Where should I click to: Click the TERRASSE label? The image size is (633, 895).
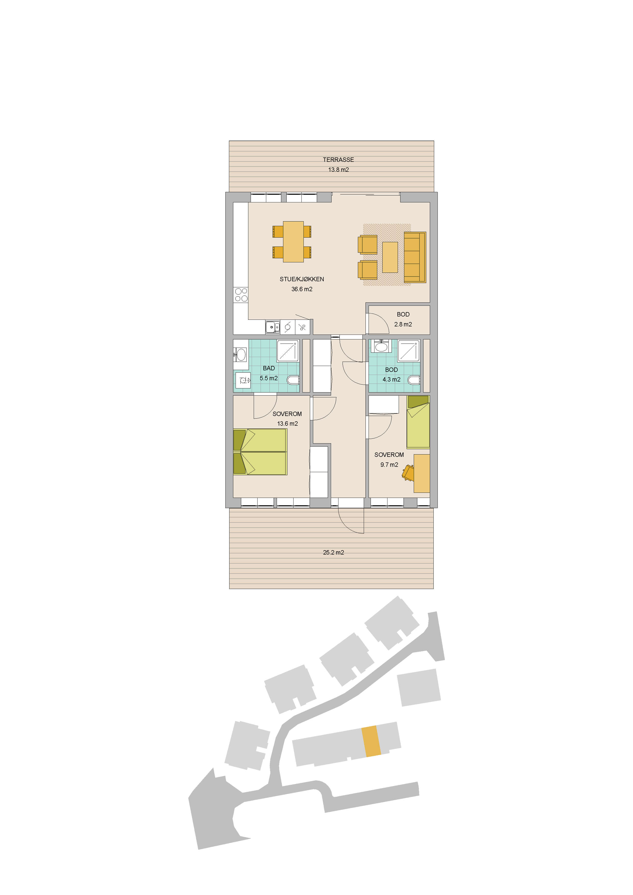point(338,160)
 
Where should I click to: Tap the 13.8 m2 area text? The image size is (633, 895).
point(338,169)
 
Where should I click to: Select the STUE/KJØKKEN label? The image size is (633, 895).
point(302,279)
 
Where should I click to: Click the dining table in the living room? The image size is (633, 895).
point(293,242)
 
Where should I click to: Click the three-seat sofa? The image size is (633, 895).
point(415,257)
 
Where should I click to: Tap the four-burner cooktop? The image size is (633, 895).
point(241,295)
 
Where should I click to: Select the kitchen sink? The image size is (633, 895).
point(272,327)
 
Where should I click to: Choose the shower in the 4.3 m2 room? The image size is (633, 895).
point(408,351)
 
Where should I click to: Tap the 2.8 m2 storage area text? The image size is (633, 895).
point(403,324)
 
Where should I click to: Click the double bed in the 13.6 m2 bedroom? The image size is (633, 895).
point(260,452)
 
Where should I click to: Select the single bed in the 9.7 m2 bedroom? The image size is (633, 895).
point(418,422)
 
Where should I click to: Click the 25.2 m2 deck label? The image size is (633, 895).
point(333,552)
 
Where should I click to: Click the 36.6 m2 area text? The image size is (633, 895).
point(302,289)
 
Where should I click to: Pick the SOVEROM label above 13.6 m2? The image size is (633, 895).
point(287,414)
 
